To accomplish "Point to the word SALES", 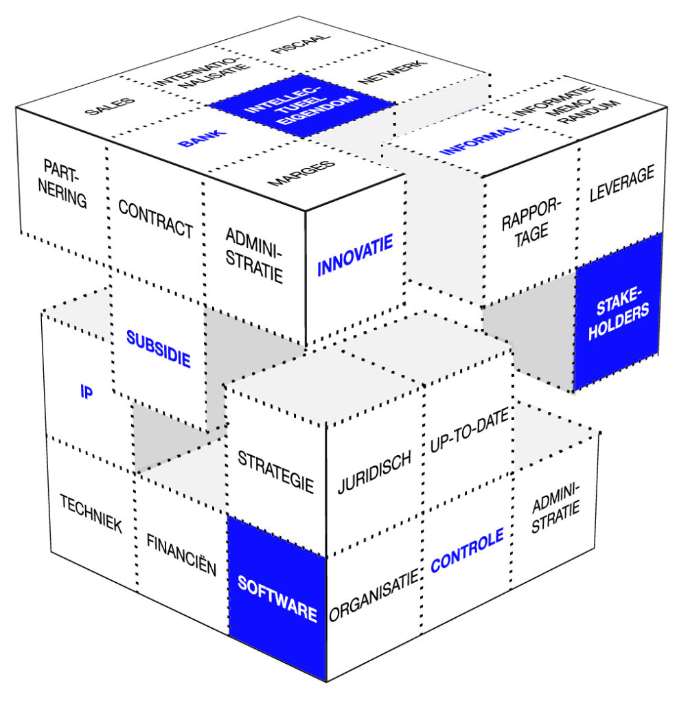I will [111, 107].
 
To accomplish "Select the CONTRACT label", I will [155, 218].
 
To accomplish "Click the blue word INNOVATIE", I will [354, 255].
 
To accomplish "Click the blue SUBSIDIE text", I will [158, 349].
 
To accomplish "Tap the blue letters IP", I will [87, 393].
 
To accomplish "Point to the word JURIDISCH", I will [374, 472].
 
